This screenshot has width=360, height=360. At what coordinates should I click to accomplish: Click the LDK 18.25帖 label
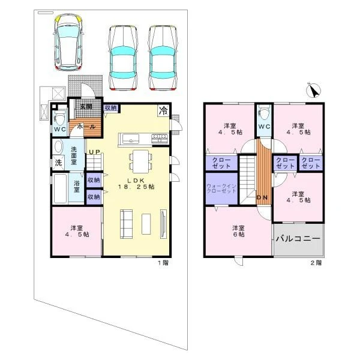coord(136,184)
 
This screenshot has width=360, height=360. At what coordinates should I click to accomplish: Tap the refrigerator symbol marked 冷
coord(163,110)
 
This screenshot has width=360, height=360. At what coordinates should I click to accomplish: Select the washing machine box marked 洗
coord(58,163)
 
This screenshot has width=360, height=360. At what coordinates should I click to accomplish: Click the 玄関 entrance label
coord(86,106)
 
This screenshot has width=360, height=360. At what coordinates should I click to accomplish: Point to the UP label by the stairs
coord(94,152)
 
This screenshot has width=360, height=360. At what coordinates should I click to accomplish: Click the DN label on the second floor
coord(262,197)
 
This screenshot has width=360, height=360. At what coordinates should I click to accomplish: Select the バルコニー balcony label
coord(298,239)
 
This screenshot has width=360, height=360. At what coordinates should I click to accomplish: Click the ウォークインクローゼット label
coord(221,188)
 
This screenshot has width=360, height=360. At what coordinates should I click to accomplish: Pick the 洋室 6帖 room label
coord(238,231)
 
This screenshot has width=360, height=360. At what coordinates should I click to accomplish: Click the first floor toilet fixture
coord(59,118)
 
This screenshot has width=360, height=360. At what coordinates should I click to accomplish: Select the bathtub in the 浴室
coord(60,189)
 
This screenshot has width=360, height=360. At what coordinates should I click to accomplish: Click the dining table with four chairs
coord(141,161)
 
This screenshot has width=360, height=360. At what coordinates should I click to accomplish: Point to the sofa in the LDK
coord(126,224)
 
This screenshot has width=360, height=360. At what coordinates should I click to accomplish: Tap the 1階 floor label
coord(163,263)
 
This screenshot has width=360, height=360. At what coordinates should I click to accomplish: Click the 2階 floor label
coord(316,263)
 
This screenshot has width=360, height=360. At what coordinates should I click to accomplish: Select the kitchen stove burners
coord(160,139)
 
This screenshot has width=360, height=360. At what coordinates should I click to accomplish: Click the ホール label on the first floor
coord(86,127)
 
